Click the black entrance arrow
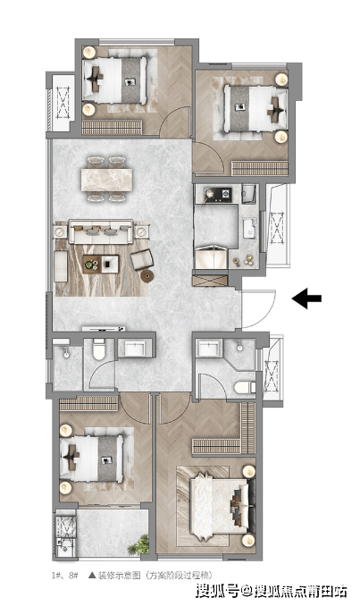[306, 298]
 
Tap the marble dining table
[106, 180]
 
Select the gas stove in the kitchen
[217, 194]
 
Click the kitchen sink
[249, 228]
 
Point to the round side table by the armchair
[147, 275]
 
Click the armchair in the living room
[142, 259]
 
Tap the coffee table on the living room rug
[101, 264]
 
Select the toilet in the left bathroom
[99, 349]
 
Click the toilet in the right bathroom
[245, 387]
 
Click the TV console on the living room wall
[104, 329]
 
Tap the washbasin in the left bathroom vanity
[134, 349]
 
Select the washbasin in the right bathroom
[209, 349]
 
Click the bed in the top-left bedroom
[115, 80]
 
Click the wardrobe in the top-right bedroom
[260, 168]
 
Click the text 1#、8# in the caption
[65, 576]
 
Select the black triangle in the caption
[92, 576]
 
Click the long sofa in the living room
[101, 231]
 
